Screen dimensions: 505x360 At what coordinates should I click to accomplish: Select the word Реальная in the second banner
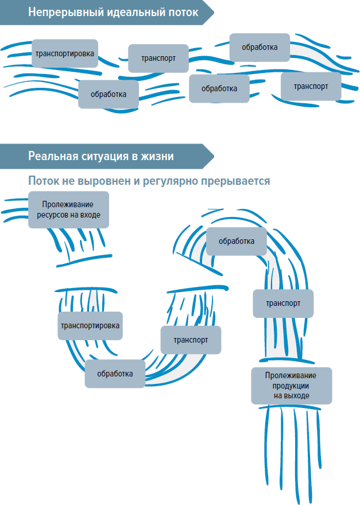point(52,156)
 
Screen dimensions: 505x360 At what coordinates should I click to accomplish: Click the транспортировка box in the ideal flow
point(64,53)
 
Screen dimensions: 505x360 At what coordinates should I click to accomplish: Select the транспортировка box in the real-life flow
point(90,325)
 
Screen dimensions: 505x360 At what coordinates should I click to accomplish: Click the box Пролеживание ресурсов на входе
point(68,209)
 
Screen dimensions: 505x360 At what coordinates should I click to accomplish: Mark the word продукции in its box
point(291,386)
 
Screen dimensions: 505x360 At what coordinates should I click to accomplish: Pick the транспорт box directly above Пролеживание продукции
point(283,303)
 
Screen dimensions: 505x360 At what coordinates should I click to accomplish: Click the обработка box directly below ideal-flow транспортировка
point(108,94)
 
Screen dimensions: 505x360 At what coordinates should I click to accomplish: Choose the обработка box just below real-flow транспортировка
point(115,373)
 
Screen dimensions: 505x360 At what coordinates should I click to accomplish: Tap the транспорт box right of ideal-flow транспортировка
point(158,58)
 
